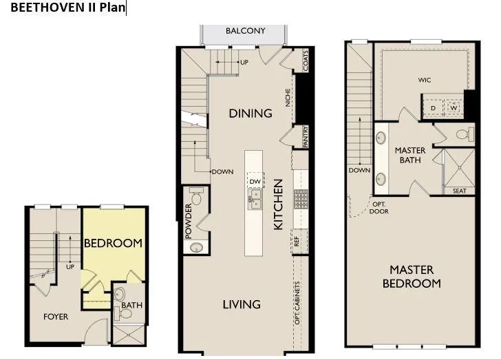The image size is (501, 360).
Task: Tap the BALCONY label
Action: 245,31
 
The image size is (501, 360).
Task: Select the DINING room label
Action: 250,113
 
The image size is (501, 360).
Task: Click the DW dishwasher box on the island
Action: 255,182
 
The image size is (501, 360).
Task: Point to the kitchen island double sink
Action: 255,200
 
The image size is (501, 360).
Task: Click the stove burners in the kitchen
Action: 301,200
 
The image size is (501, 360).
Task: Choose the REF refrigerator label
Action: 297,242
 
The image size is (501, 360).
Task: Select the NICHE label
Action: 289,100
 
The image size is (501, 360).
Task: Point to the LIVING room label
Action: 242,304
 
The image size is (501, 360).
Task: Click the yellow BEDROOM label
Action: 113,243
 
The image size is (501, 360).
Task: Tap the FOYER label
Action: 56,317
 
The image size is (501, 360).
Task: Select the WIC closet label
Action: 425,81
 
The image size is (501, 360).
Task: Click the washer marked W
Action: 454,108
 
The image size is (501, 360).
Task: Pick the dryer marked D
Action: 434,108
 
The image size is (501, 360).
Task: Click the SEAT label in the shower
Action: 459,191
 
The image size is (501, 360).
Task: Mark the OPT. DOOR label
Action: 379,208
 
